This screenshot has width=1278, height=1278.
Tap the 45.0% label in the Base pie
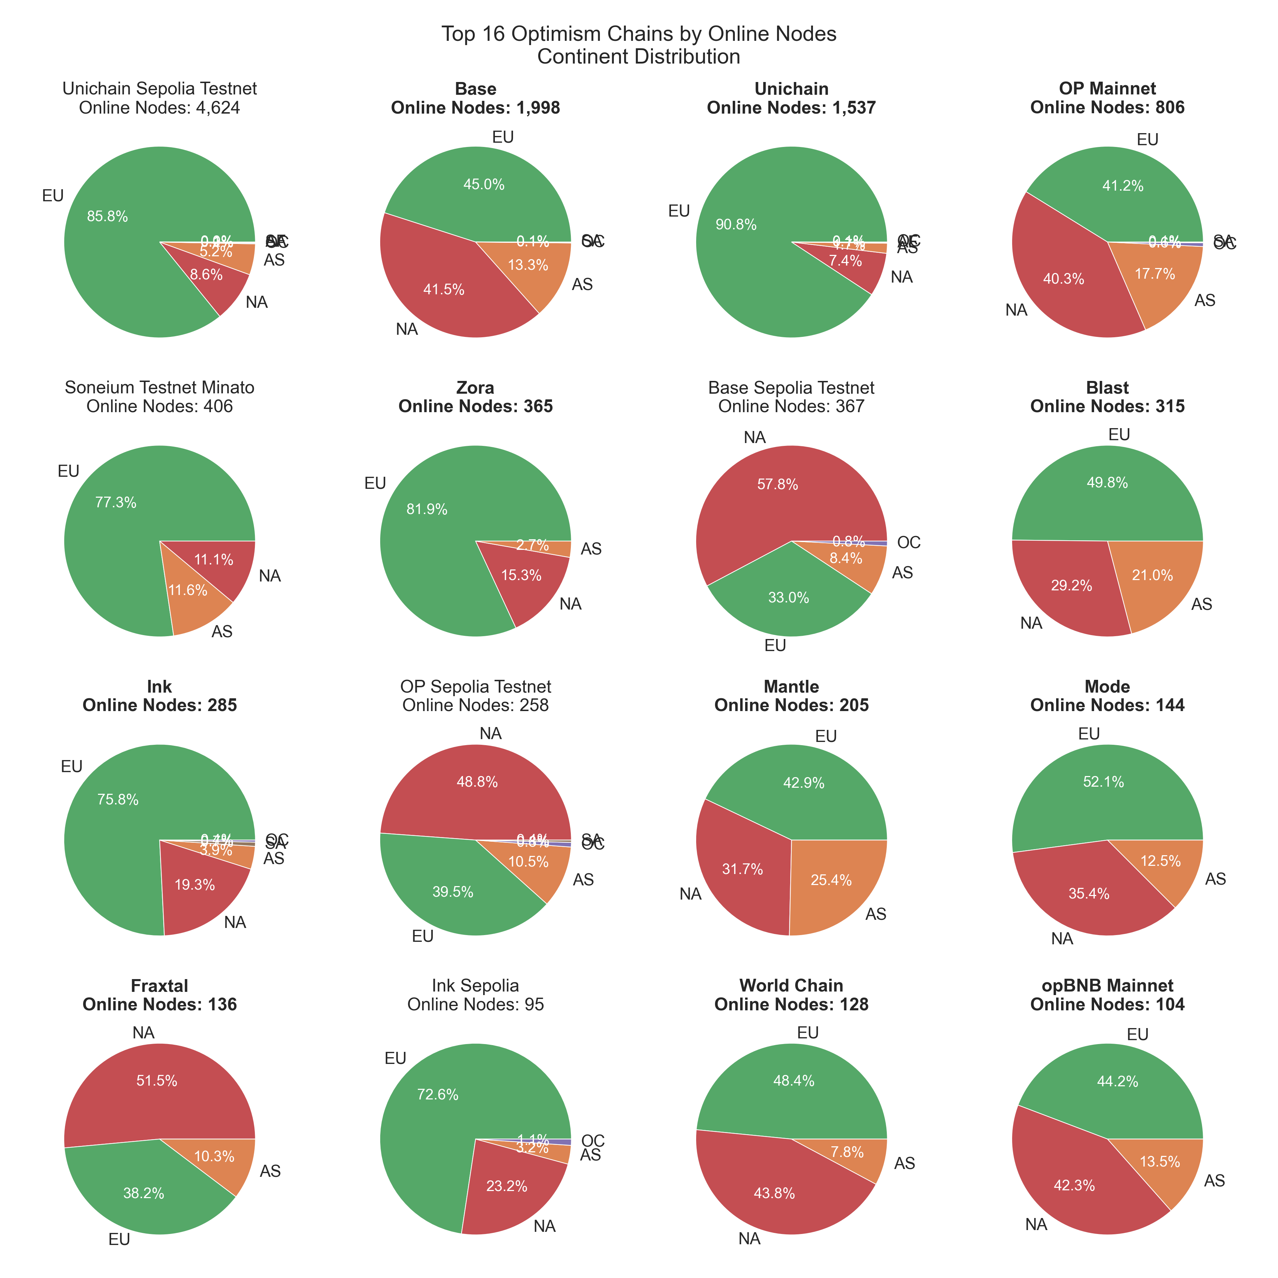[484, 185]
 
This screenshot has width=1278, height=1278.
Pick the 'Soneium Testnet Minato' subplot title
[159, 388]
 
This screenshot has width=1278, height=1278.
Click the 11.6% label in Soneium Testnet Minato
[188, 590]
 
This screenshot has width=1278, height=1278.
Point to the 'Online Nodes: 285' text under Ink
[159, 705]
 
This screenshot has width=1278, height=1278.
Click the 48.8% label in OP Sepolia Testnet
[477, 782]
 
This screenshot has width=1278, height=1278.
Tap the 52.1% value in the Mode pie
[1103, 782]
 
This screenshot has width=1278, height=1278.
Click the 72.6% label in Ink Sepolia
[437, 1095]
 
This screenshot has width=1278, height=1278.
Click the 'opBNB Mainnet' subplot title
[1107, 985]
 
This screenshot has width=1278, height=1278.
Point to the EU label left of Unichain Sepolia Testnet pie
[53, 196]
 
